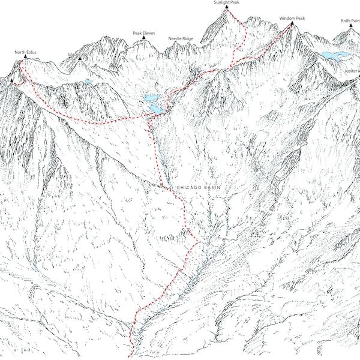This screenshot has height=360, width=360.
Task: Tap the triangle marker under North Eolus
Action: click(x=25, y=59)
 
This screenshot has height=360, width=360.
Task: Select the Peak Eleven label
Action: click(x=143, y=34)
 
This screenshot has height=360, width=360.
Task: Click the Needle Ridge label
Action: click(x=181, y=38)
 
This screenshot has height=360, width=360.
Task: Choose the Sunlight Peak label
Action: click(x=226, y=3)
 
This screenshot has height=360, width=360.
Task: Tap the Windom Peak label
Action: click(x=292, y=19)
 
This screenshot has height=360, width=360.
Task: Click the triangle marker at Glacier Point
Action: click(x=79, y=60)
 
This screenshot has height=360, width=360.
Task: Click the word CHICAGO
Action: click(x=188, y=187)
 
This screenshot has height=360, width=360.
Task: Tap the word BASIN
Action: click(x=211, y=187)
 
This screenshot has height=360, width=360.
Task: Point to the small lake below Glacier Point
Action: click(x=89, y=80)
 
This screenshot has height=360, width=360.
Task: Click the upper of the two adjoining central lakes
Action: click(x=151, y=98)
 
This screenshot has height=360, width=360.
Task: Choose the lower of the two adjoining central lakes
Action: click(x=156, y=109)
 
